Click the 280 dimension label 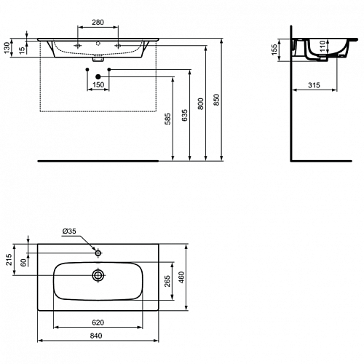point(98,22)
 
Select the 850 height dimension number point(216,100)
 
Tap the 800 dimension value point(201,104)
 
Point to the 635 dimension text point(185,115)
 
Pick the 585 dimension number point(168,119)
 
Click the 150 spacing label point(98,85)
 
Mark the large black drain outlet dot point(98,77)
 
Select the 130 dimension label point(7,47)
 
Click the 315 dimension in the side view point(314,85)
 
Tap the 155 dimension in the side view point(274,50)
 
